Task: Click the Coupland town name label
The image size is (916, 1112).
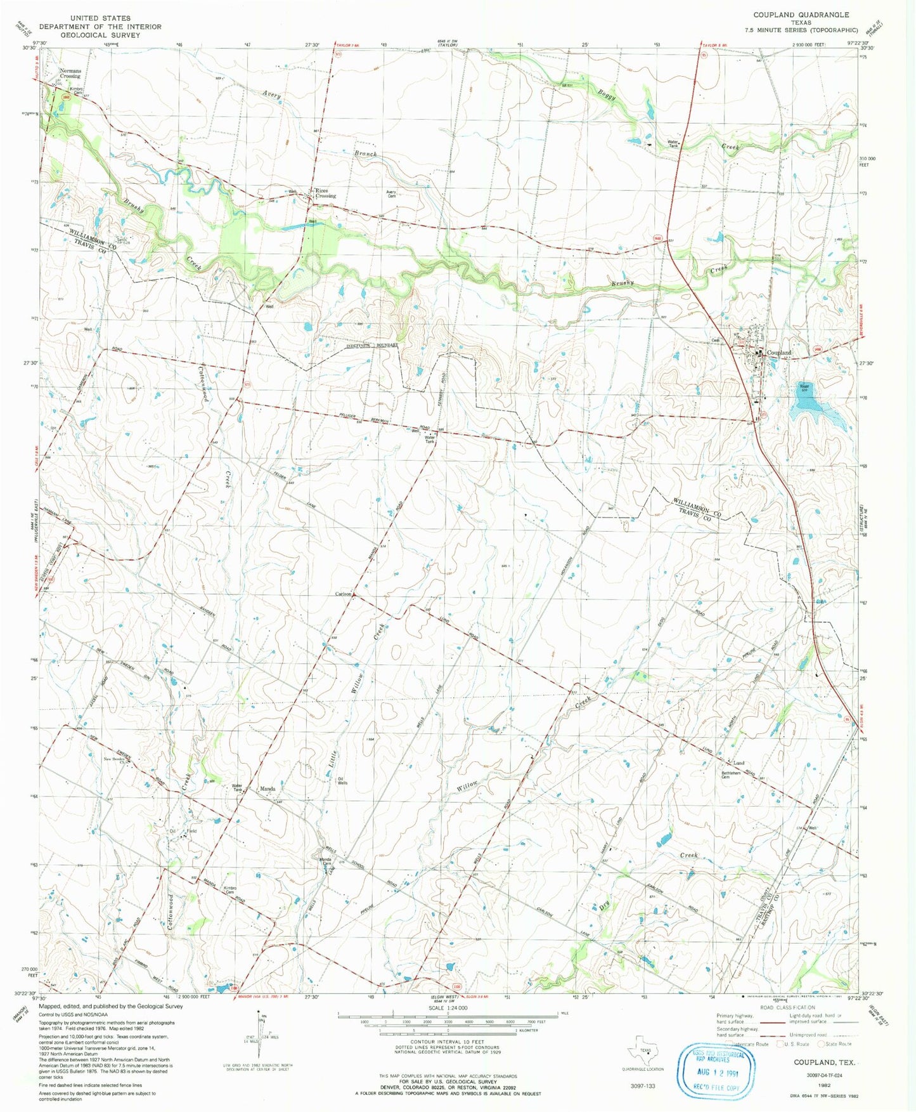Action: (x=779, y=353)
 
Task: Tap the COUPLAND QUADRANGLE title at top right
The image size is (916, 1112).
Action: (x=801, y=14)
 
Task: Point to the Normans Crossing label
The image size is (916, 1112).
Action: (x=70, y=74)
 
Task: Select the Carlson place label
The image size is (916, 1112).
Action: (x=343, y=594)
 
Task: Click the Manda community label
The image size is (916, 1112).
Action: (x=268, y=789)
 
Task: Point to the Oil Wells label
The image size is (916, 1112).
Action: (x=342, y=781)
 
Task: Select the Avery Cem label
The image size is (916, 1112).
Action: (x=391, y=194)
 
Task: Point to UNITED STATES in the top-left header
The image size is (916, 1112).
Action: (x=100, y=18)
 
